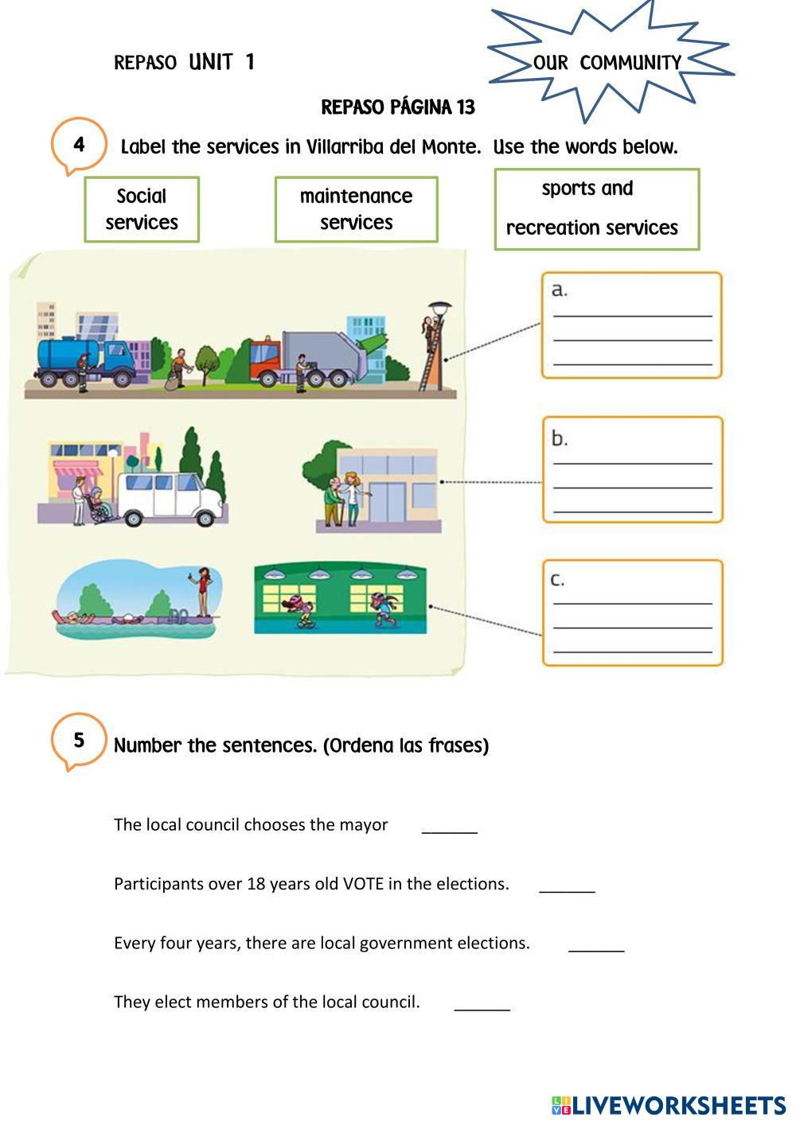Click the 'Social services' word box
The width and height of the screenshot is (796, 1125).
[x=142, y=209]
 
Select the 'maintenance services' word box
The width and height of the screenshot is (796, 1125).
[x=356, y=209]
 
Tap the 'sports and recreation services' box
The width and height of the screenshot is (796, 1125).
[x=596, y=209]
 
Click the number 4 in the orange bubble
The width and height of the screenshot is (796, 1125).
[x=79, y=145]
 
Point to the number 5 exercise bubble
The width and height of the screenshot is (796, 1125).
[x=79, y=741]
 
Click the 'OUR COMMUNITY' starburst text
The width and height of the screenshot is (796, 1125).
[x=607, y=63]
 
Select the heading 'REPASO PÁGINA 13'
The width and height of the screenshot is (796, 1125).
[x=398, y=107]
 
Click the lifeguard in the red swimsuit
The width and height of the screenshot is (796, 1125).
[x=205, y=591]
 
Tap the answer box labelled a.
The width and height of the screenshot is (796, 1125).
[x=631, y=325]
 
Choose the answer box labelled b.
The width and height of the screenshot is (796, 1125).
[x=632, y=469]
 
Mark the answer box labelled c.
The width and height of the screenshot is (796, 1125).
[x=632, y=613]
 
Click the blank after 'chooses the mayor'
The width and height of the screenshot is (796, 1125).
[x=450, y=827]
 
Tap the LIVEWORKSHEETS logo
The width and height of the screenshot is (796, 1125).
[x=669, y=1105]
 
